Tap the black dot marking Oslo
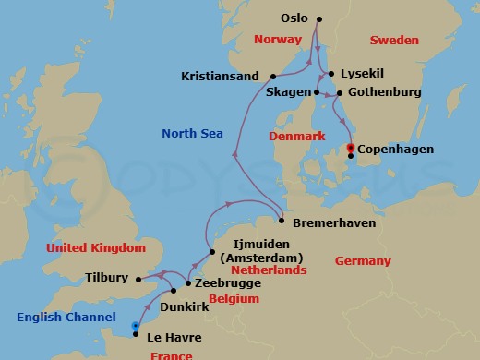coord(318,18)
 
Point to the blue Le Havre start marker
coord(137,326)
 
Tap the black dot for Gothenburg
coord(340,93)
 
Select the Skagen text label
coord(286,93)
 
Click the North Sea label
coord(192,133)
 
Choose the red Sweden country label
coord(394,41)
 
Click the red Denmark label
coord(297,136)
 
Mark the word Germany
coord(363,261)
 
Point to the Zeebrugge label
coord(222,286)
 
